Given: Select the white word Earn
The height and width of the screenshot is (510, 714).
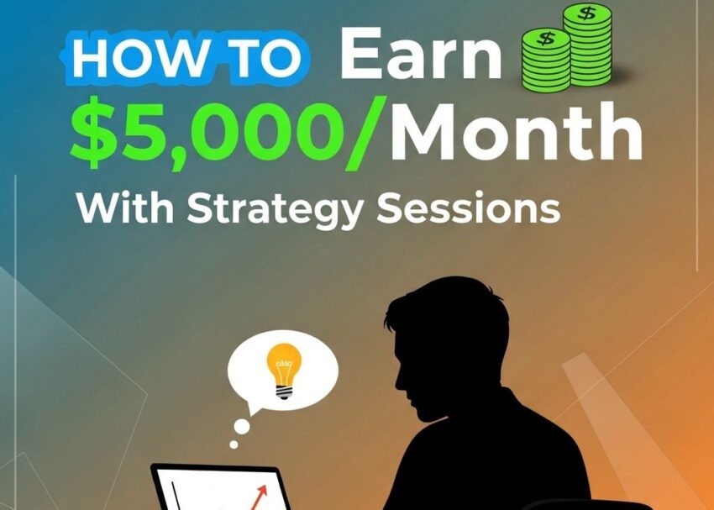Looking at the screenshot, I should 420,57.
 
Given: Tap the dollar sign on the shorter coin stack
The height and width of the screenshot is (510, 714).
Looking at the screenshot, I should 546,39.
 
